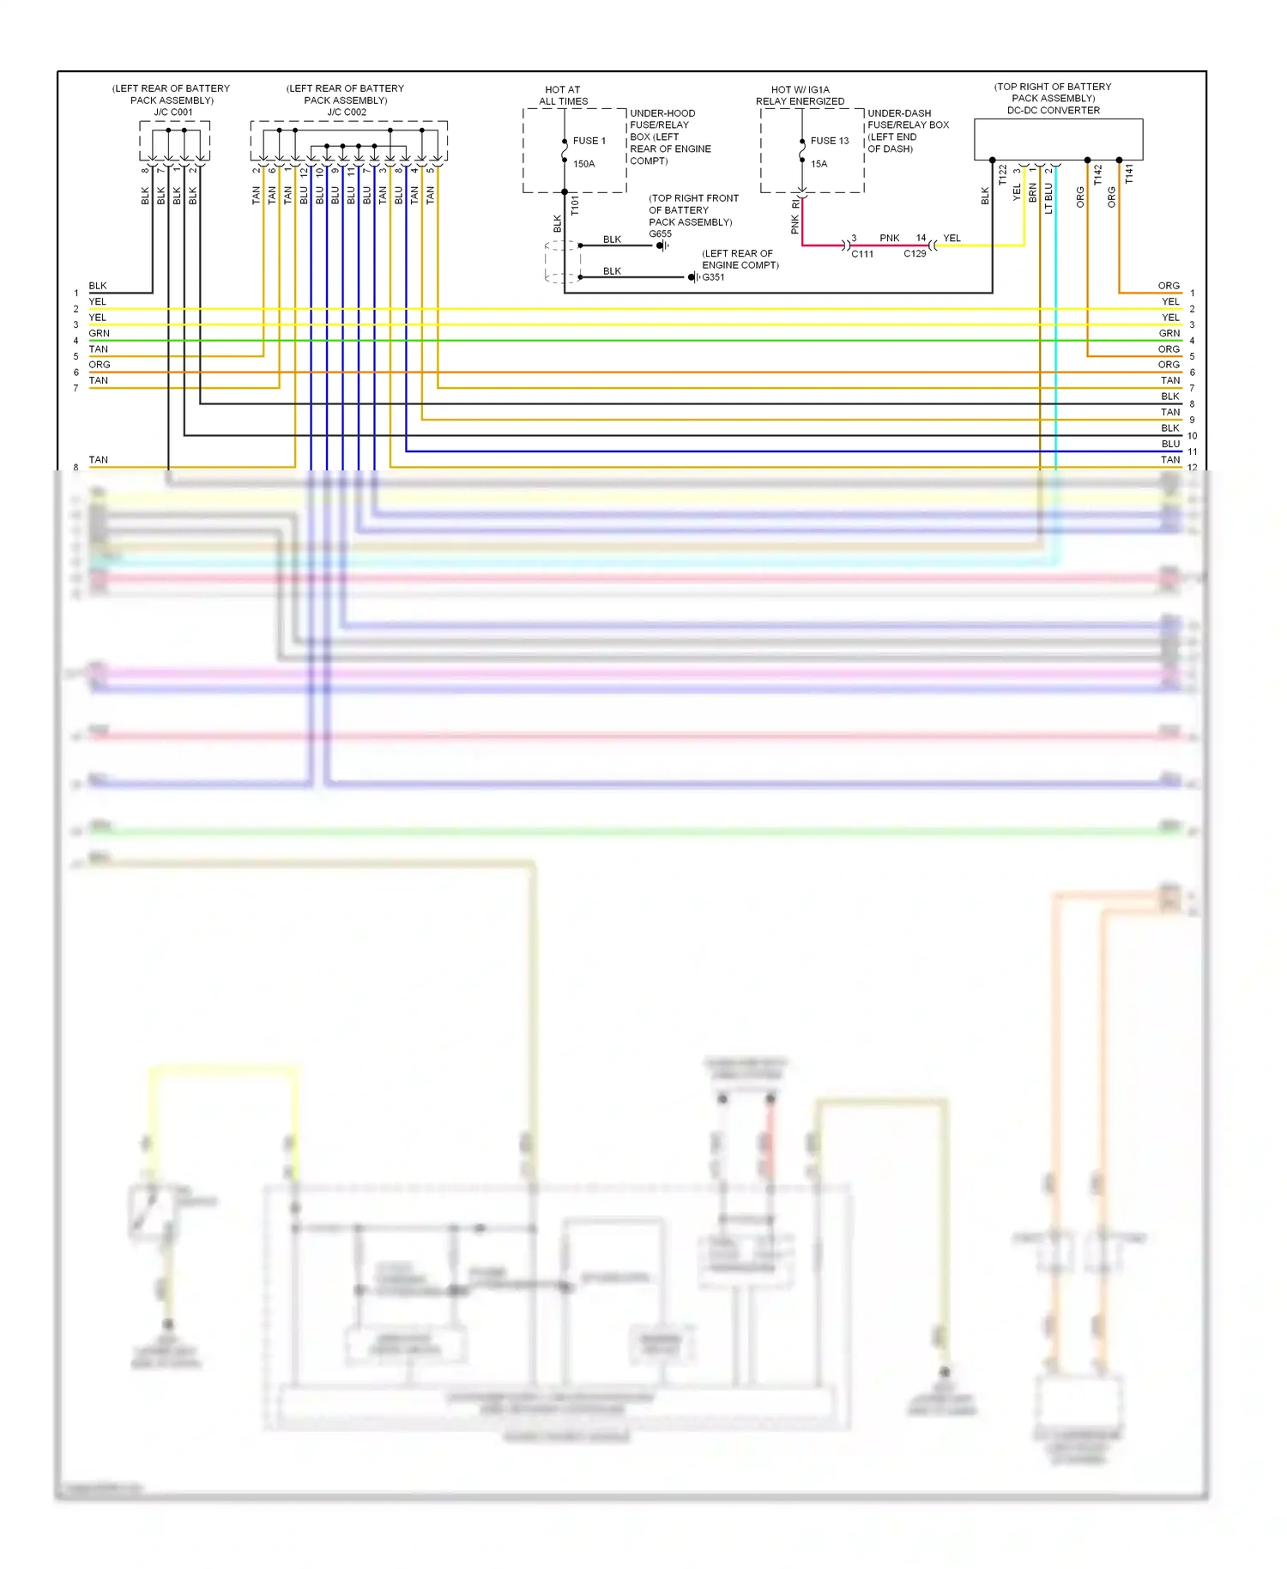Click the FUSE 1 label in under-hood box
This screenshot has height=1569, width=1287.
point(589,141)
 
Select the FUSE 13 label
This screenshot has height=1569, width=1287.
point(829,141)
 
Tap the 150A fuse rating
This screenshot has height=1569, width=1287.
point(583,164)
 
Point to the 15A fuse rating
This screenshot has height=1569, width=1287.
point(819,164)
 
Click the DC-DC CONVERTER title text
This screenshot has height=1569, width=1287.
point(1053,111)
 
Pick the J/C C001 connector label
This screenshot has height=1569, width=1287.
point(173,112)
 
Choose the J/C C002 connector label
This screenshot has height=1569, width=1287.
point(347,112)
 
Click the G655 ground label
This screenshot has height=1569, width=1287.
point(660,233)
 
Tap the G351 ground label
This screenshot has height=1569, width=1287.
point(713,277)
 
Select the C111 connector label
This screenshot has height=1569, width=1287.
point(862,254)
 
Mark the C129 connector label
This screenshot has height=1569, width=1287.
point(915,254)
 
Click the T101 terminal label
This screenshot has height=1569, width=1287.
point(575,205)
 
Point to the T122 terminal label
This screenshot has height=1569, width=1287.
point(1002,176)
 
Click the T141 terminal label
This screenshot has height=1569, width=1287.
point(1129,174)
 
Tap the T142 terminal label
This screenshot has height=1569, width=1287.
point(1097,176)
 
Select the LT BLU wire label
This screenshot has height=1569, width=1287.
point(1048,198)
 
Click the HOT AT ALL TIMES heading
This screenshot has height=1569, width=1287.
point(563,95)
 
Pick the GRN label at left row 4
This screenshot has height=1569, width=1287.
point(99,333)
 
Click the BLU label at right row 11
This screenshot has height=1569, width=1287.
point(1170,444)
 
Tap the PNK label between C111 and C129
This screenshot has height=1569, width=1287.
point(889,239)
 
